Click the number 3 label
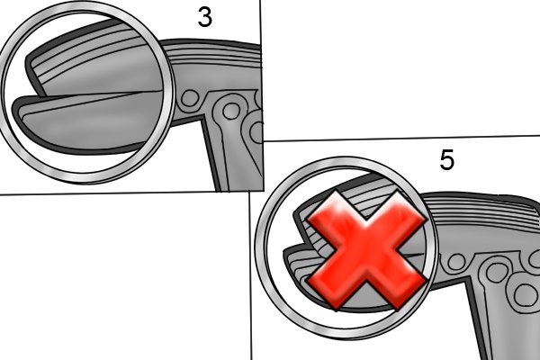205,17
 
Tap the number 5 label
447,160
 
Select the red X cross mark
366,250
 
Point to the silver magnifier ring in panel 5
258,248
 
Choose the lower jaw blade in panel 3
86,121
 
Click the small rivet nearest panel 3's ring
189,98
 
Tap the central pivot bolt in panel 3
231,111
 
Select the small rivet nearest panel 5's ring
456,262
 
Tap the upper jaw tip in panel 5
295,215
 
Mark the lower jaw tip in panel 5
285,251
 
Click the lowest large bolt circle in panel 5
525,294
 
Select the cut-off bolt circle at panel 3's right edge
256,132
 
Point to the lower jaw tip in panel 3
15,107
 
